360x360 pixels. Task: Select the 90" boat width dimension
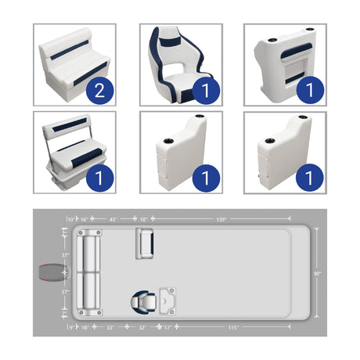318,273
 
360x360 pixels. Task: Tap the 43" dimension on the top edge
114,221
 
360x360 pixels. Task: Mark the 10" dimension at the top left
71,221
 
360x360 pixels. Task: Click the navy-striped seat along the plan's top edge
146,243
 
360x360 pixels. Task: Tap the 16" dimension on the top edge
84,221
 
